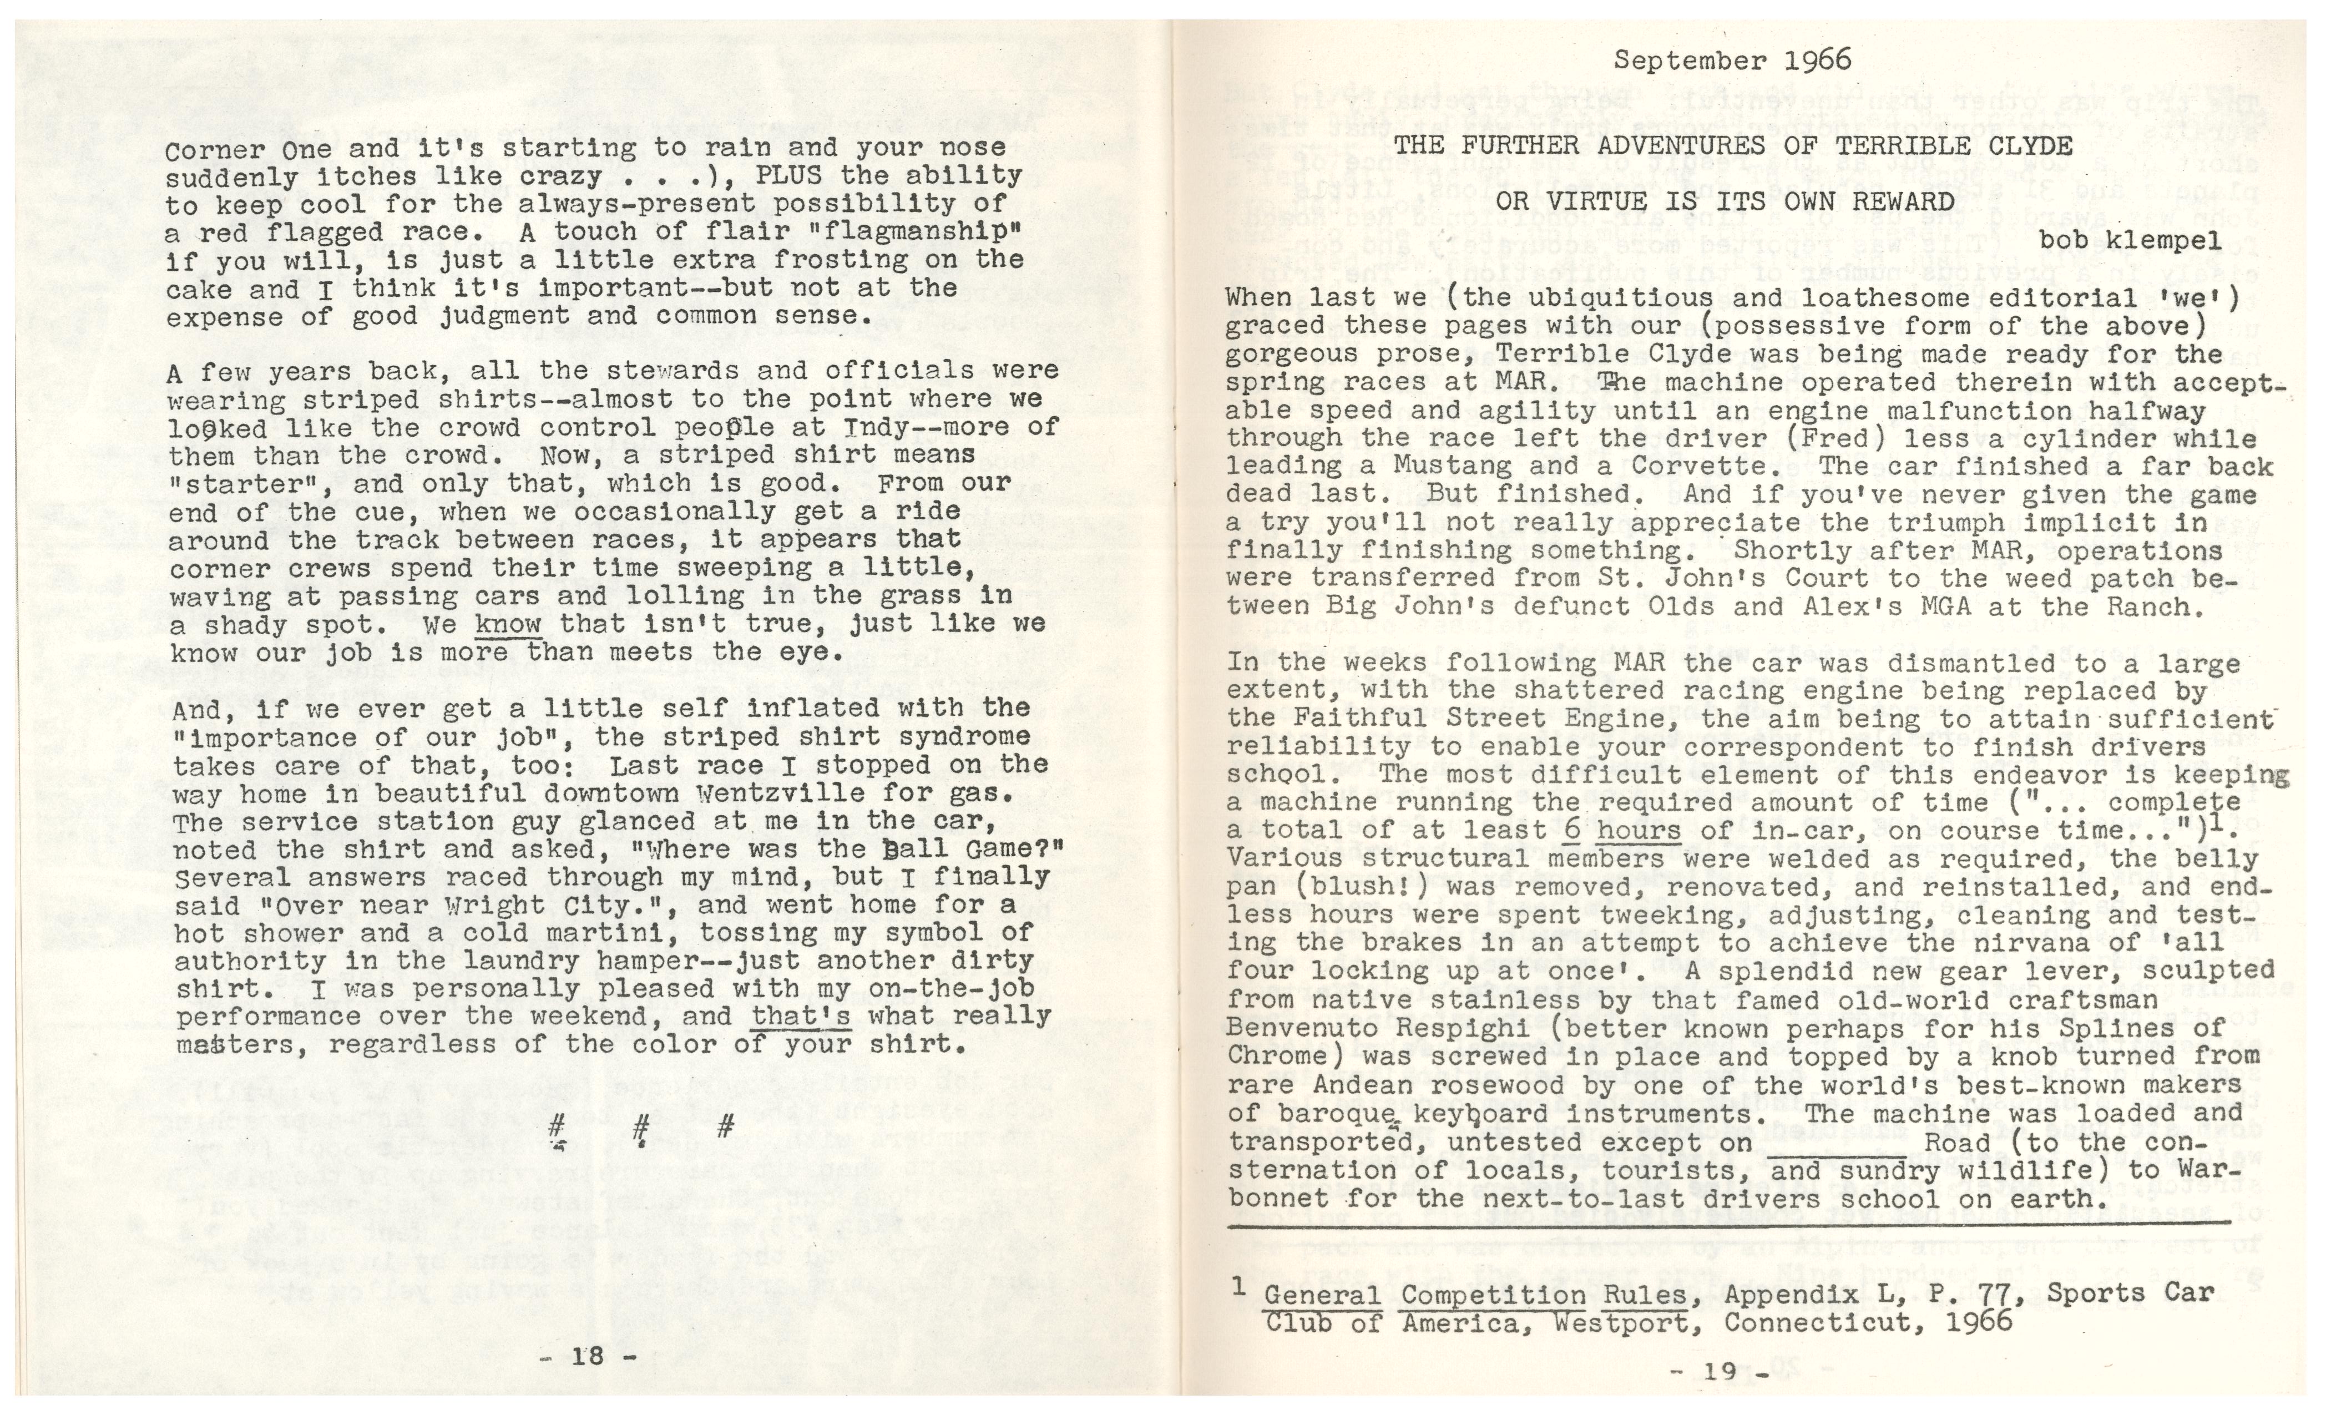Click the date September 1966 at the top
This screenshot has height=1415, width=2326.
click(x=1732, y=60)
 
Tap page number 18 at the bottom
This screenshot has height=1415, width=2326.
click(x=587, y=1357)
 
